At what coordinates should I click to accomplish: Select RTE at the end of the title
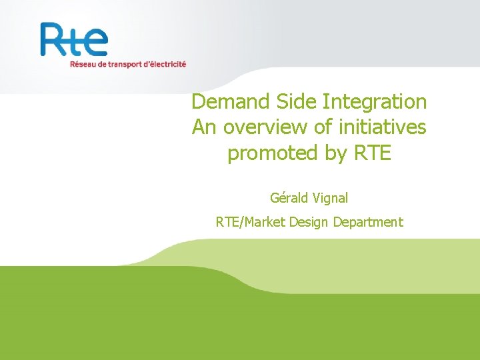coord(373,153)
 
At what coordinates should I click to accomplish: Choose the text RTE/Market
coord(251,222)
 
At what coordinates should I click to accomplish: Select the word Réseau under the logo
coord(83,65)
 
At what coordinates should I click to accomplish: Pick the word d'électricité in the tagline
coord(166,65)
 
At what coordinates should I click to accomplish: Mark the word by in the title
coord(338,153)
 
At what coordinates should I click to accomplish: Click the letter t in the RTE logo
coord(75,40)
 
